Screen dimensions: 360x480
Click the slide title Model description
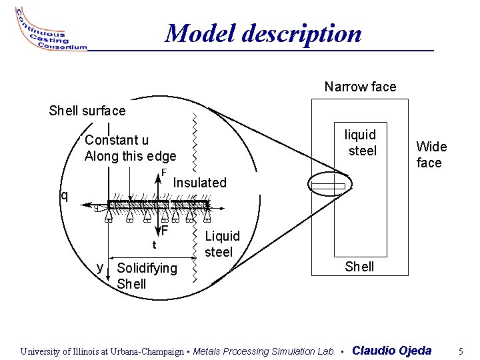[263, 33]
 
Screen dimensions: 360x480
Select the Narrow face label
[360, 87]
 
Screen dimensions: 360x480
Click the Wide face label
[431, 155]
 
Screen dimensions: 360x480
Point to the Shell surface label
[87, 111]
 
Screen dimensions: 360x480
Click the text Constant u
[117, 140]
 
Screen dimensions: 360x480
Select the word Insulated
[200, 183]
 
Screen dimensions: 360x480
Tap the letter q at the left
[64, 195]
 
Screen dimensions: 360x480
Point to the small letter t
[154, 245]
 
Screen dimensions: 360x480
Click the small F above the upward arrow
[163, 173]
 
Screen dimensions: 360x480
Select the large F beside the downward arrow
[163, 231]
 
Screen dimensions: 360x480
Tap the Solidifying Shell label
[147, 276]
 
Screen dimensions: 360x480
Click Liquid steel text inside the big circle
[222, 244]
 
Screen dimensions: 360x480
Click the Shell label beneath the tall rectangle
[360, 267]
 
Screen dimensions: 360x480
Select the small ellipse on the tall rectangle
[328, 185]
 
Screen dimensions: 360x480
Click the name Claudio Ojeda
[391, 351]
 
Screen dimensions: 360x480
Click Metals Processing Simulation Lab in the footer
[263, 351]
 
